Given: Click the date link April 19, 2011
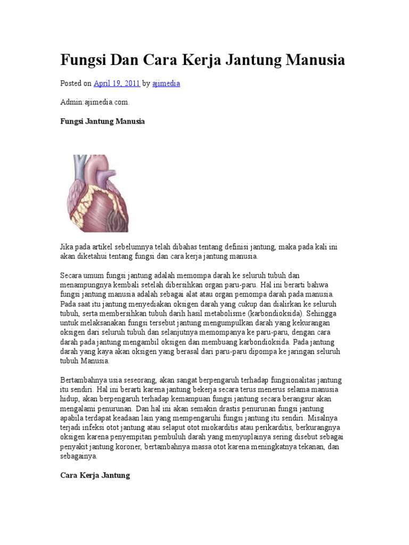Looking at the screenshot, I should [x=117, y=84].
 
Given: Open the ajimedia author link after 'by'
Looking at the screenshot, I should [x=166, y=84].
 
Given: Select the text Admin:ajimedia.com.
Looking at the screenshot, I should [x=95, y=102].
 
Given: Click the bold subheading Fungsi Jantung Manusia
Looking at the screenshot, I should [x=102, y=121].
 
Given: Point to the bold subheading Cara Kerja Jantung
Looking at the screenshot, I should [x=95, y=475].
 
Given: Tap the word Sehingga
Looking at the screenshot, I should [x=321, y=313].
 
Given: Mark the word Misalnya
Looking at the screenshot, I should [x=324, y=418].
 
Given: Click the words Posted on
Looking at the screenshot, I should [x=76, y=84].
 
